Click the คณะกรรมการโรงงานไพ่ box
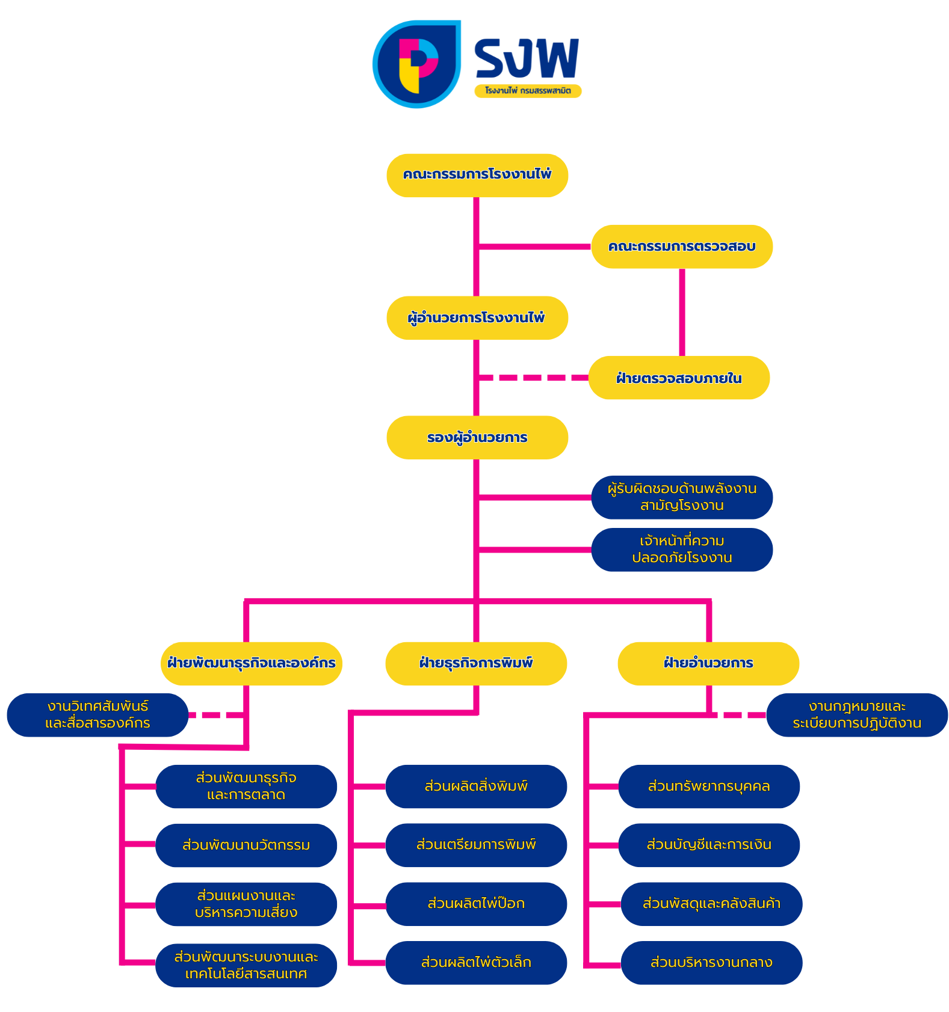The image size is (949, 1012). (477, 175)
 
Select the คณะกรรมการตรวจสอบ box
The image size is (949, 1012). (681, 247)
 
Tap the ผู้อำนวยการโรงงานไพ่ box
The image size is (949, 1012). (477, 317)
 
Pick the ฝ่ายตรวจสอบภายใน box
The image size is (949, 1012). (679, 378)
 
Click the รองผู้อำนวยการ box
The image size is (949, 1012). (477, 437)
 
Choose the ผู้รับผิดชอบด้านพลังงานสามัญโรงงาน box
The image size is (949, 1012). (681, 497)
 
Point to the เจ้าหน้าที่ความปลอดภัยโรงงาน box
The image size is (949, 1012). (681, 550)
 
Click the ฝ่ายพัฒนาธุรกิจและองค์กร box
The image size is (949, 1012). (252, 663)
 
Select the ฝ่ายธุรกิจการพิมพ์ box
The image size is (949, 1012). (475, 663)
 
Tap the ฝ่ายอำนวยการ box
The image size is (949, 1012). (708, 663)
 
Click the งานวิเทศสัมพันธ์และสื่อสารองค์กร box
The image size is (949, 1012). (97, 715)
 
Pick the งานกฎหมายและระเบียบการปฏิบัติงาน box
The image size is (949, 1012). (856, 715)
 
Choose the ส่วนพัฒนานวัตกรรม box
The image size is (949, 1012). (246, 845)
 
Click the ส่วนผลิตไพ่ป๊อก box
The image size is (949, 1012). (475, 904)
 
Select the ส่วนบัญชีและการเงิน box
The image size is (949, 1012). (708, 845)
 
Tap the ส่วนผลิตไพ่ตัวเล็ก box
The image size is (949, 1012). (475, 962)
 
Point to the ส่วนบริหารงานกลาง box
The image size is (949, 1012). (711, 962)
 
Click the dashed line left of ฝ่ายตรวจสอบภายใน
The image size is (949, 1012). (533, 378)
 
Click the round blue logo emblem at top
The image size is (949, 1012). (416, 64)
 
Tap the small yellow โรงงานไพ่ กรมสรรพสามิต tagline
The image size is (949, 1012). (528, 91)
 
